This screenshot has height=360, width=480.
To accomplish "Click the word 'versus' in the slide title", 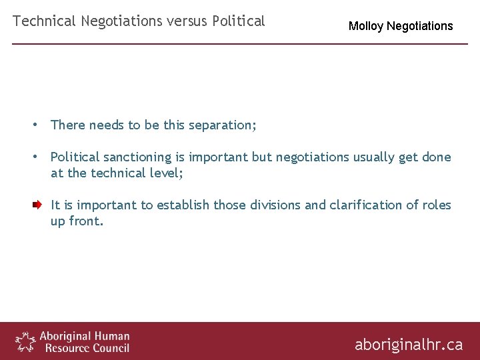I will click(x=187, y=21).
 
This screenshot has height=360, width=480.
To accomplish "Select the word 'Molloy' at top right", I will click(x=366, y=27).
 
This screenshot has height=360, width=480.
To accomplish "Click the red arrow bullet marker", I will click(x=38, y=205).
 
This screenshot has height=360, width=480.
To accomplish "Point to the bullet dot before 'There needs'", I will click(x=38, y=125).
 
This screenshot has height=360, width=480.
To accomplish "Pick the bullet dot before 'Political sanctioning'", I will click(x=38, y=157).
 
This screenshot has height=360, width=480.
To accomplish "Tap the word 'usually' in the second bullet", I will click(x=374, y=157).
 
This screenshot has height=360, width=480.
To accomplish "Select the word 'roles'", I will click(x=435, y=205).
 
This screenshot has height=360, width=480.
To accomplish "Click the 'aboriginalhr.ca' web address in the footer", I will click(x=408, y=345).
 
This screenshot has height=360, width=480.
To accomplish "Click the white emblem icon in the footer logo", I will click(x=25, y=341).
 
